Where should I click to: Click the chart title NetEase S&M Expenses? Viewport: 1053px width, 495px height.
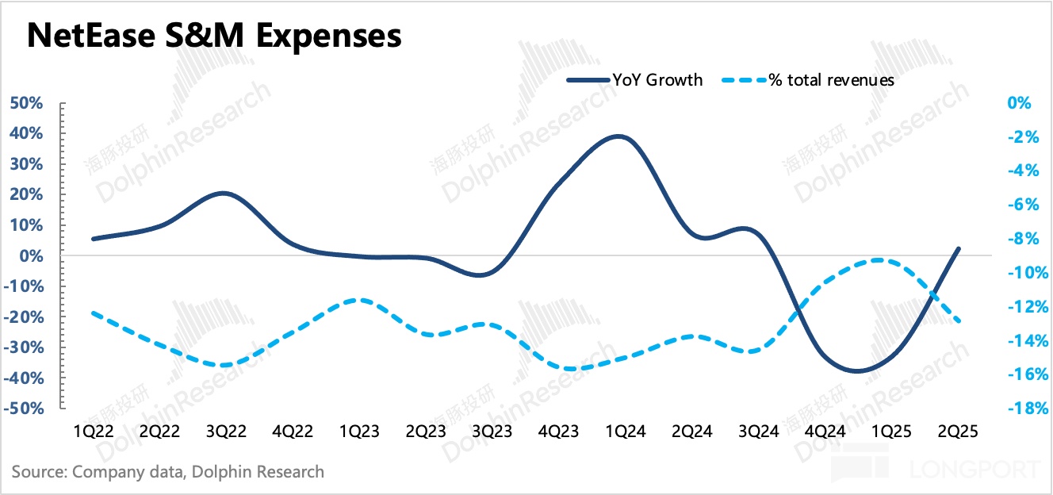pyautogui.click(x=214, y=36)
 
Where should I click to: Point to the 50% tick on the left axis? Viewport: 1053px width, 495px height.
pyautogui.click(x=26, y=104)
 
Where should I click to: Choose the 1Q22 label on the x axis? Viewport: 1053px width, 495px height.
pyautogui.click(x=94, y=432)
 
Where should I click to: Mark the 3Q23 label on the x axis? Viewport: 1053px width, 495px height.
pyautogui.click(x=492, y=432)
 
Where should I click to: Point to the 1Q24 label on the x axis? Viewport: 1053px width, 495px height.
pyautogui.click(x=626, y=432)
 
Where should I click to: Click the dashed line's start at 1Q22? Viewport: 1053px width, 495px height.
pyautogui.click(x=94, y=313)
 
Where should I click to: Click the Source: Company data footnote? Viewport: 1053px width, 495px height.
pyautogui.click(x=168, y=472)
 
